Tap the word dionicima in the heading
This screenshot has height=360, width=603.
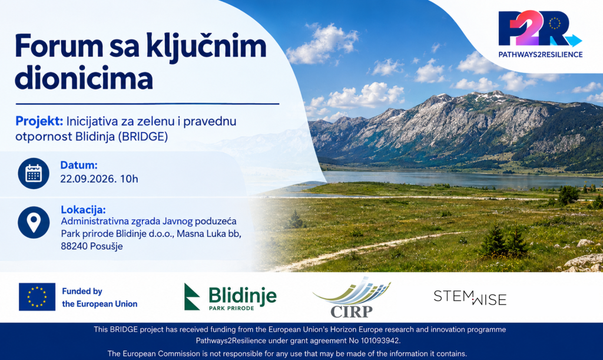pos(84,78)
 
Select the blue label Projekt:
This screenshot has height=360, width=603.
pos(39,121)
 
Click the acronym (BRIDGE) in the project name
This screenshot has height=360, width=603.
pos(143,137)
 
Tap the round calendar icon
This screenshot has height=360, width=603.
pos(34,173)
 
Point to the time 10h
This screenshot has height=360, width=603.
pos(129,179)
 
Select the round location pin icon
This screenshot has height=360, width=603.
pos(34,222)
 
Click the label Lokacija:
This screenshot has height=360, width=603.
pos(83,210)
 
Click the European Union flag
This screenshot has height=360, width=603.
pos(37,297)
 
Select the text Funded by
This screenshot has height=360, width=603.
pos(82,291)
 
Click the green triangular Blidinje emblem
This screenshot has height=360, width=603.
pos(191,296)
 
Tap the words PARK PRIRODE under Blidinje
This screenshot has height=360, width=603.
pos(231,308)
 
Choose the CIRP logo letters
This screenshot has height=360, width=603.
pos(352,311)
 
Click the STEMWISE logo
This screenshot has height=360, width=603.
pos(470,298)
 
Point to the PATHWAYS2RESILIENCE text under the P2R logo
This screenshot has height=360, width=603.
pos(541,55)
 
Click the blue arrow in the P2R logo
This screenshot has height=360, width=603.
pos(573,41)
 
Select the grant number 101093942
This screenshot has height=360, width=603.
pos(380,341)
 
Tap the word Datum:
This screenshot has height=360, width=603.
pos(79,166)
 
